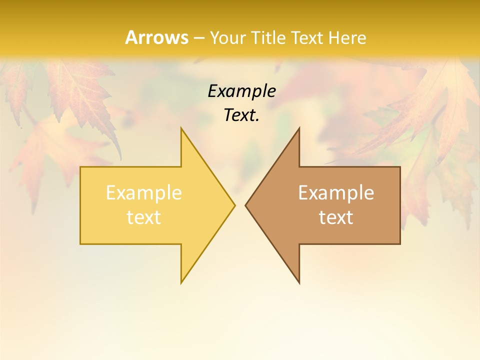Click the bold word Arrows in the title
[156, 37]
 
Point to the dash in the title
[198, 38]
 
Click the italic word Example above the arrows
[241, 91]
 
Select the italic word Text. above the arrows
[241, 115]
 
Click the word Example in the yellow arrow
[144, 193]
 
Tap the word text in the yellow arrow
[144, 217]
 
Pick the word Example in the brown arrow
[336, 193]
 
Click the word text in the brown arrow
[336, 217]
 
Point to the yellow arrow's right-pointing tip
[234, 205]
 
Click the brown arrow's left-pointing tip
[246, 205]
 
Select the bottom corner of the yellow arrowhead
[181, 282]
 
